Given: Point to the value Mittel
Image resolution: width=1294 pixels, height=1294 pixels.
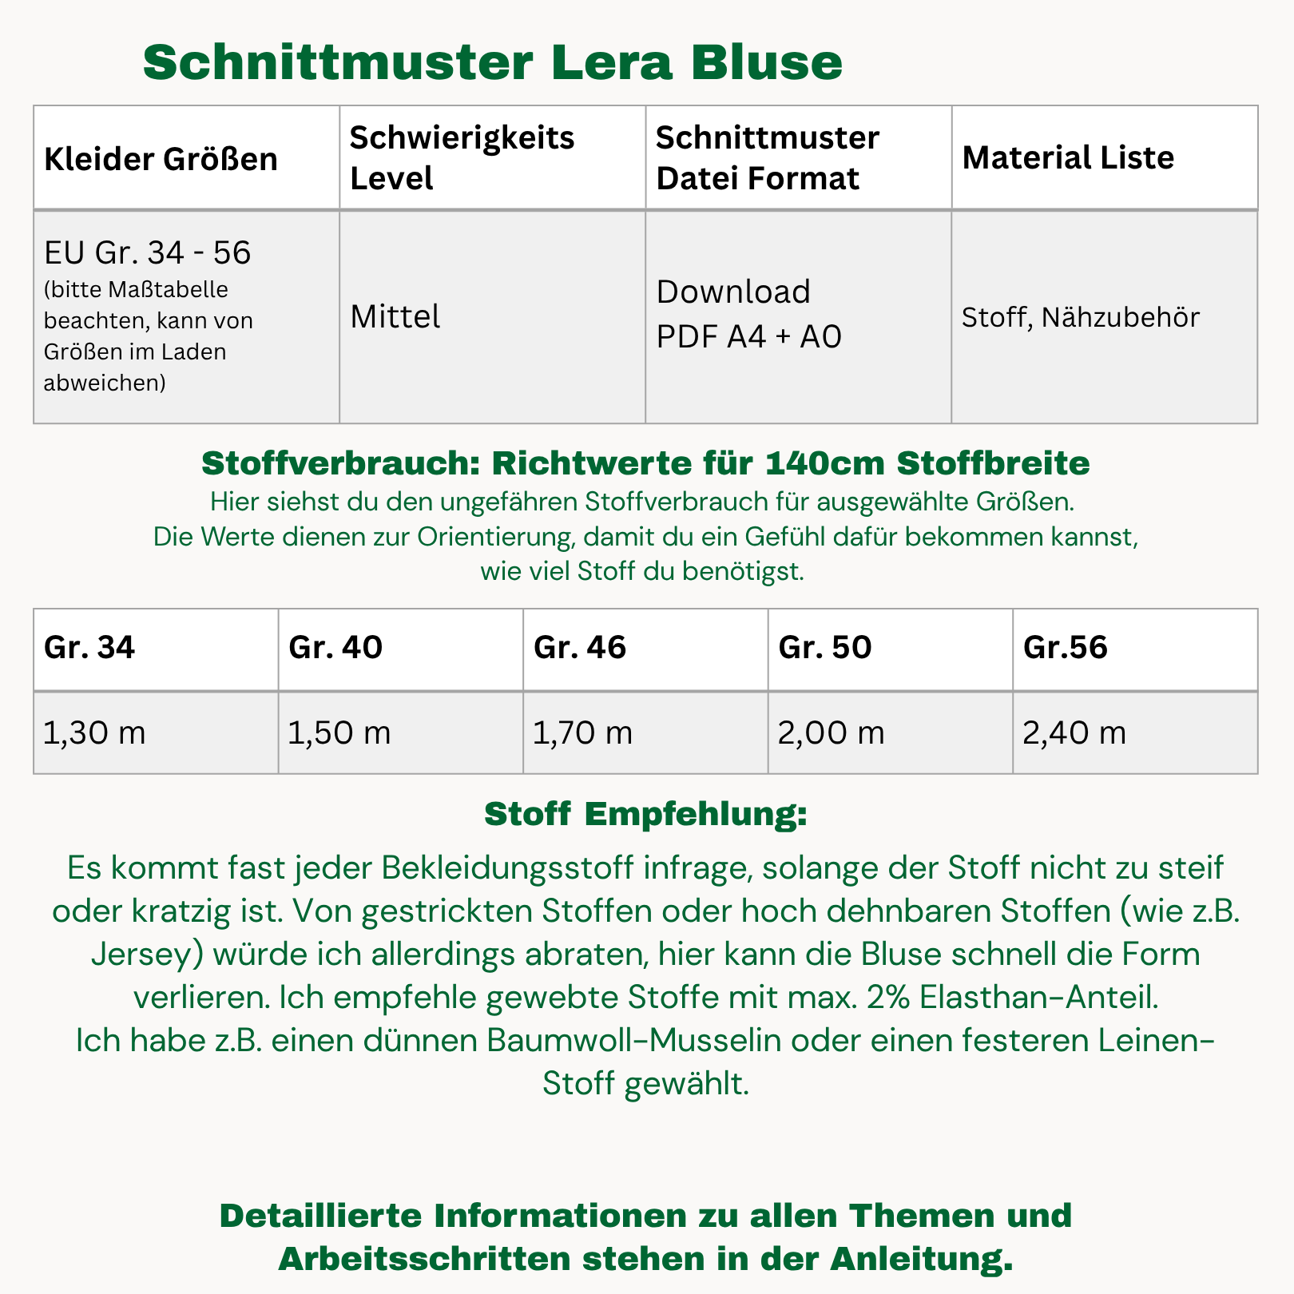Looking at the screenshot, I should click(x=395, y=317).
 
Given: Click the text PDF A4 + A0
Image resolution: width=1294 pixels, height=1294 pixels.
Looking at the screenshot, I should click(x=748, y=337).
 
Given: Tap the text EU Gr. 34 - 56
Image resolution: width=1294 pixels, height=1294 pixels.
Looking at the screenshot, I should click(x=148, y=252).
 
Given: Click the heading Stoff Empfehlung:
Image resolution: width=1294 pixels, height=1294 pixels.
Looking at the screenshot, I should click(x=646, y=815).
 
